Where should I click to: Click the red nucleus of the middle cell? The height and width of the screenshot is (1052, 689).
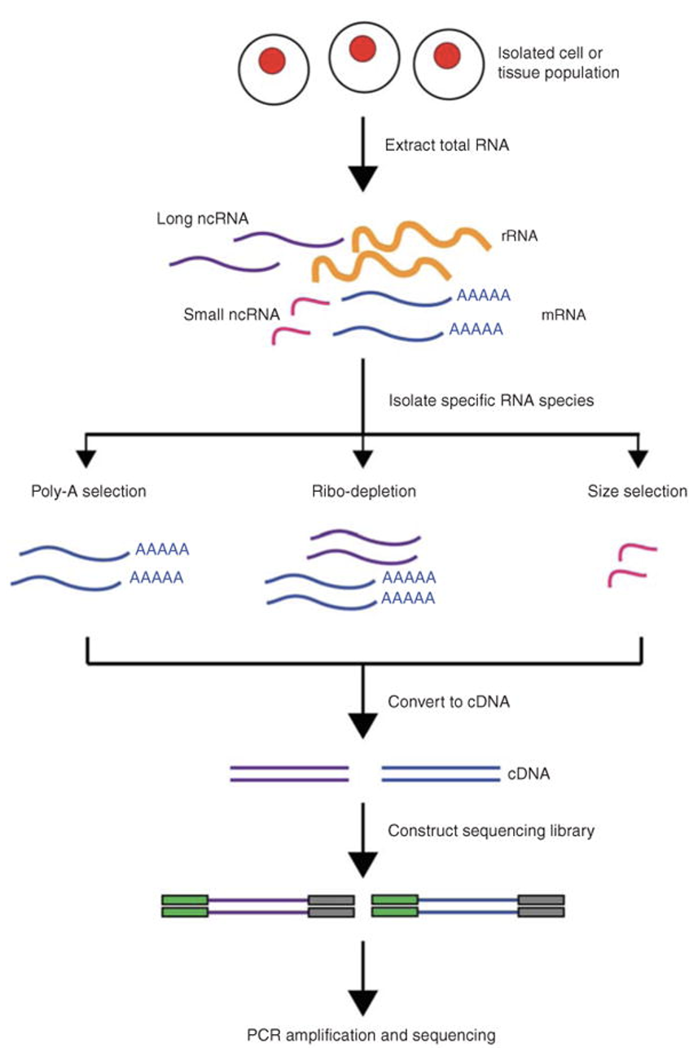(x=362, y=50)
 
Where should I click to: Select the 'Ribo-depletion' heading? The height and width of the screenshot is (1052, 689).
(x=363, y=491)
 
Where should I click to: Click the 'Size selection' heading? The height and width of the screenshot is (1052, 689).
(x=637, y=491)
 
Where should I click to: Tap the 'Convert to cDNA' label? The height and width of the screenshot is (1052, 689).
(x=449, y=701)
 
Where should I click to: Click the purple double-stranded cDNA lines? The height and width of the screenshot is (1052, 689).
(x=289, y=774)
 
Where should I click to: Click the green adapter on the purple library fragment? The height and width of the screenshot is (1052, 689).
(x=185, y=906)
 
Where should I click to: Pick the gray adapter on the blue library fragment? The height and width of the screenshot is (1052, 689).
(x=541, y=906)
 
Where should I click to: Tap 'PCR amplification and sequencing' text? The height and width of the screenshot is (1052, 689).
(x=371, y=1035)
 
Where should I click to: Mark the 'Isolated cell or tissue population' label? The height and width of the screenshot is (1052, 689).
(x=559, y=63)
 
